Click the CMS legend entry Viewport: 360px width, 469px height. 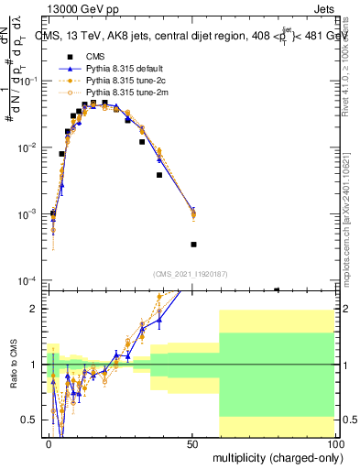[x=95, y=57]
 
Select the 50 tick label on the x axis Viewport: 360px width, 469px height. [x=192, y=442]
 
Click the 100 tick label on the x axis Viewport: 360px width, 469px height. [x=333, y=442]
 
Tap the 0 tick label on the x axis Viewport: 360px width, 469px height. [x=49, y=442]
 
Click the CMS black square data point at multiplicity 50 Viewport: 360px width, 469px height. [x=193, y=245]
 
